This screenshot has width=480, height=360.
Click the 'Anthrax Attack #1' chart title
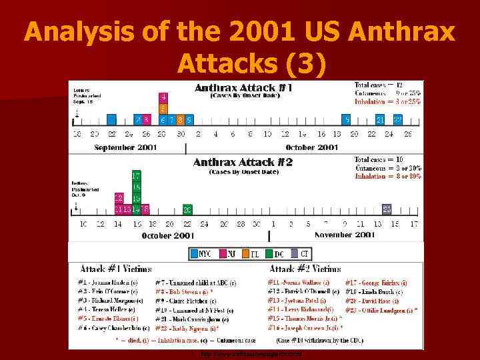coord(243,87)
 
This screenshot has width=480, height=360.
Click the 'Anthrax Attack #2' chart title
coord(243,162)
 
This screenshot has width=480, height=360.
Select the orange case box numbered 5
coord(163,108)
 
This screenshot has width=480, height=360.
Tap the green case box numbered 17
coord(136,176)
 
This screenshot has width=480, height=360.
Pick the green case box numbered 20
coord(187,209)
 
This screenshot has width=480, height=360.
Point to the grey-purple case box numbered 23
coord(387,209)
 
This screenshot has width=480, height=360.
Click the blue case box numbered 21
coord(380,120)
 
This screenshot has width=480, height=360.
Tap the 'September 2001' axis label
coord(127,147)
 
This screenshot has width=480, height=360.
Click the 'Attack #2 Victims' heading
coord(305,269)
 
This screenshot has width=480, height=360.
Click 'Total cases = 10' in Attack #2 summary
coord(380,160)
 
